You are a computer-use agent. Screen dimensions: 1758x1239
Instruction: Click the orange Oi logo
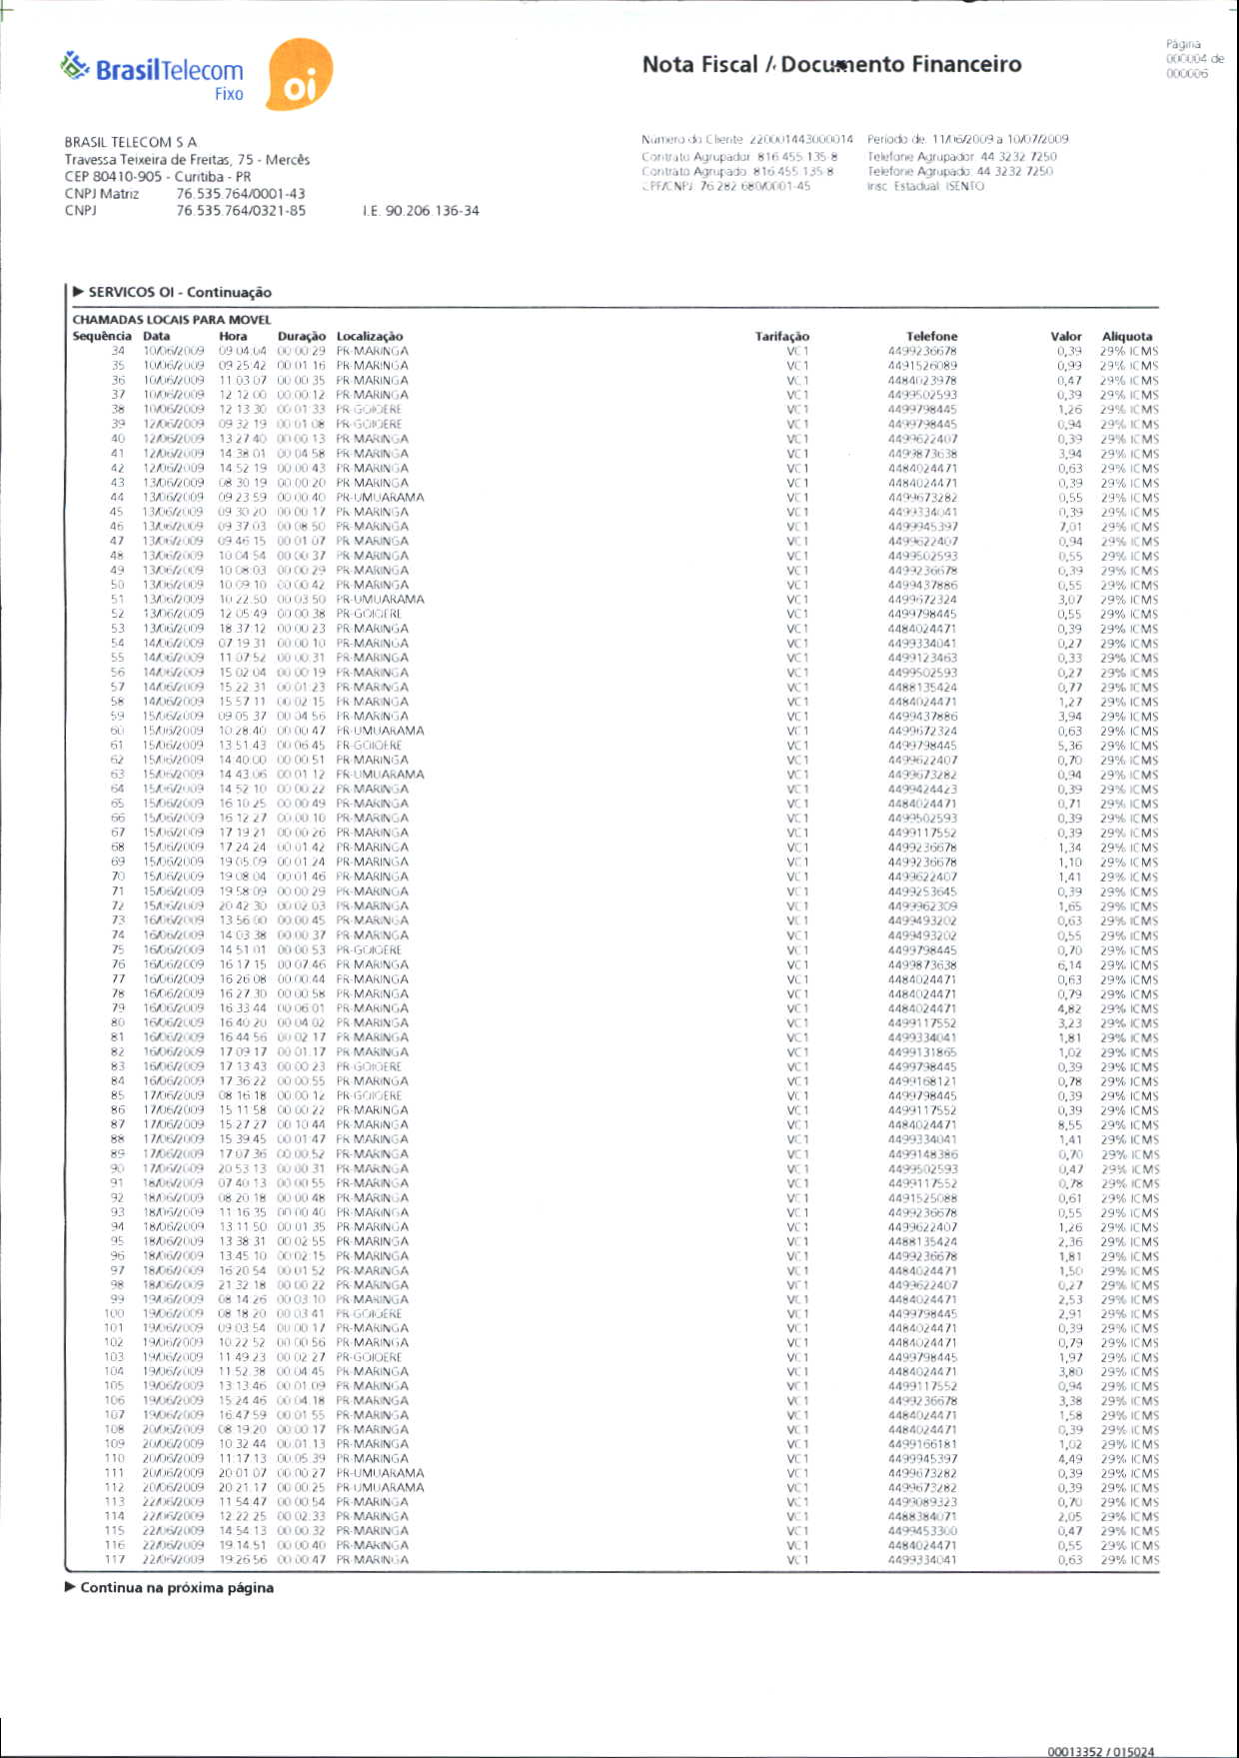click(299, 76)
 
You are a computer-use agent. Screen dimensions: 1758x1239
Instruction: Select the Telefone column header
click(931, 337)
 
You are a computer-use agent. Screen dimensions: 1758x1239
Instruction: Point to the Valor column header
click(1065, 337)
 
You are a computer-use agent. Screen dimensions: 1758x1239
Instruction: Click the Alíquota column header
click(1127, 337)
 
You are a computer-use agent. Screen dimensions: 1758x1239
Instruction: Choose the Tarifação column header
click(781, 337)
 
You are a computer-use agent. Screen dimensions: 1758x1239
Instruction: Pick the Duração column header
click(301, 337)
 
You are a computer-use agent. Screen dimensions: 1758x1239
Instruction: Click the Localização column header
click(370, 337)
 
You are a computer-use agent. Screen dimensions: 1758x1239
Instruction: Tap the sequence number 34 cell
click(118, 351)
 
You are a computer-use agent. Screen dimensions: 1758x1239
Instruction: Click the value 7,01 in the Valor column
click(1070, 527)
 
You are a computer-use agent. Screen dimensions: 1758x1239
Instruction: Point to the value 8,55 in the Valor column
click(1070, 1125)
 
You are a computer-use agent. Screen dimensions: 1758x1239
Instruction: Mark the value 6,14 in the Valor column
click(1070, 965)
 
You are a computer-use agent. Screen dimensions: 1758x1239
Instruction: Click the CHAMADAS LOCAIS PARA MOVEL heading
click(172, 320)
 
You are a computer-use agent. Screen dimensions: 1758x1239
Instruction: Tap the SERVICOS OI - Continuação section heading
click(180, 293)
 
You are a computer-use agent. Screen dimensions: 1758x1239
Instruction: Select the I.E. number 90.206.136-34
click(421, 211)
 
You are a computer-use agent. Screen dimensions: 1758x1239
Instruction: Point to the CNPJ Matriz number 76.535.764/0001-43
click(241, 194)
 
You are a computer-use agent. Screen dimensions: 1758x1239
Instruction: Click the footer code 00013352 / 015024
click(1100, 1751)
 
